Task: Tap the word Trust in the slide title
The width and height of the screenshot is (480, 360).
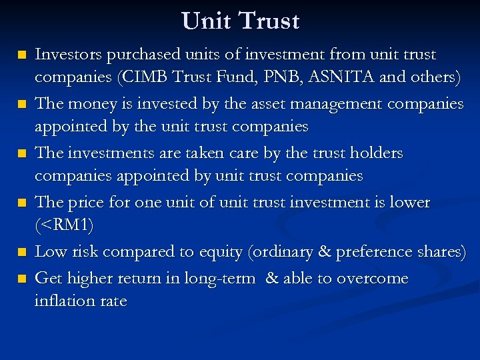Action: click(269, 21)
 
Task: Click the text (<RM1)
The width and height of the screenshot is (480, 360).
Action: click(64, 225)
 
